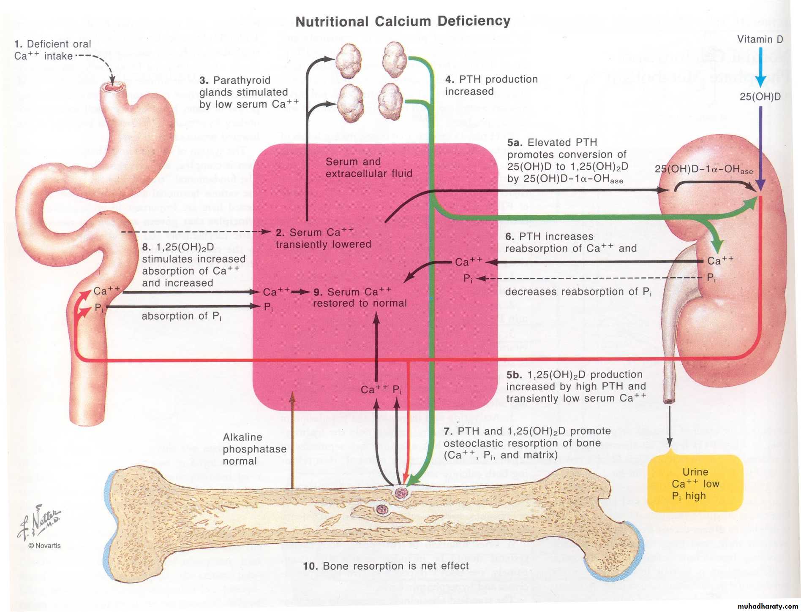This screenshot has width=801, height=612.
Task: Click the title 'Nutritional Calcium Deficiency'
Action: click(x=403, y=21)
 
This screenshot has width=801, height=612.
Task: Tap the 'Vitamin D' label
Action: click(x=760, y=39)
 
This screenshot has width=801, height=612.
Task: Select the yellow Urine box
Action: click(x=695, y=483)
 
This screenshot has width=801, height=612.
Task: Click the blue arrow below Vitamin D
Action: click(x=760, y=68)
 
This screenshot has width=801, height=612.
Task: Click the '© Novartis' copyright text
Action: click(x=44, y=545)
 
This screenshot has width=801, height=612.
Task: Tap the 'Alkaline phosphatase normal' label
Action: click(x=254, y=449)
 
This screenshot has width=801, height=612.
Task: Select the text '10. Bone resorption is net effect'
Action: click(x=386, y=566)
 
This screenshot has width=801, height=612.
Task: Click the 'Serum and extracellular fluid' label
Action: click(x=368, y=168)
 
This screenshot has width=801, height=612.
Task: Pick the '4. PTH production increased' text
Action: click(x=491, y=85)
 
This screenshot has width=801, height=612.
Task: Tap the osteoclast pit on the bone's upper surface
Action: click(x=400, y=493)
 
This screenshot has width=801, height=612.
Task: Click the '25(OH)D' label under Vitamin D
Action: click(x=760, y=97)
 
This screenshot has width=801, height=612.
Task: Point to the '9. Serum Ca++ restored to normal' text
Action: click(x=360, y=297)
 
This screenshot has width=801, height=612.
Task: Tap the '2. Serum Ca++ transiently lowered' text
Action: click(x=323, y=238)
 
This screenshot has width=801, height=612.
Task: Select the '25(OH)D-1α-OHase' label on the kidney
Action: click(x=703, y=169)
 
